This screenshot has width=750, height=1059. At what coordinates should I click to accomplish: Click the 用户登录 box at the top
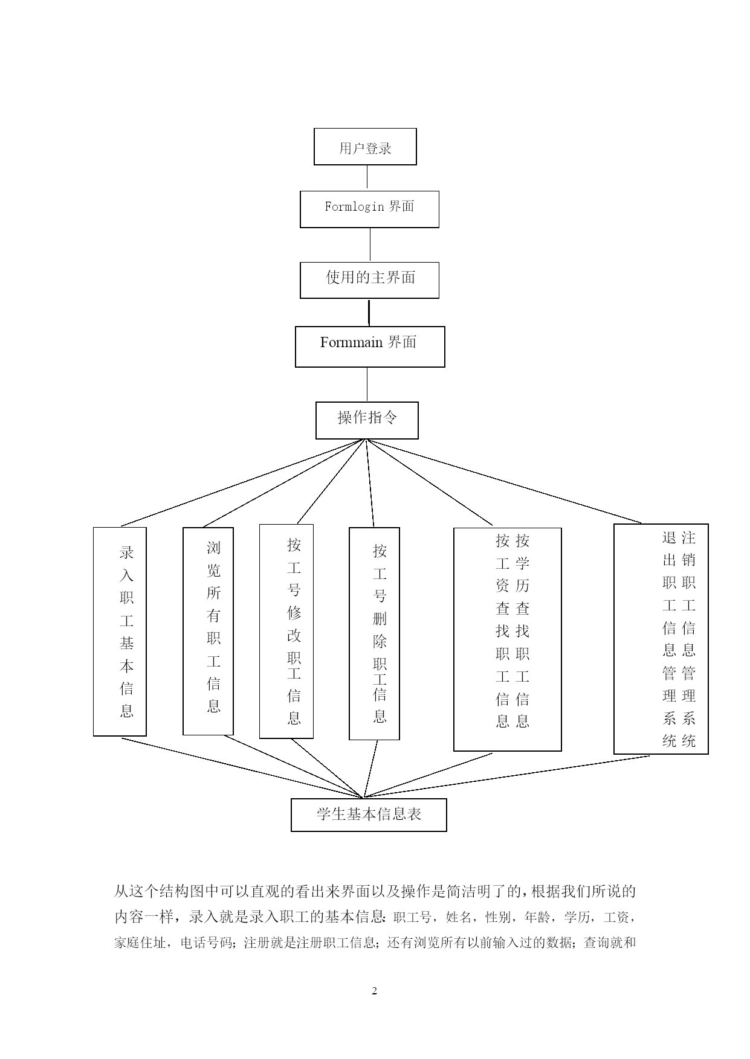point(365,147)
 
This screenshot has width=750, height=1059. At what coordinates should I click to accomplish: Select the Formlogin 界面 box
point(369,210)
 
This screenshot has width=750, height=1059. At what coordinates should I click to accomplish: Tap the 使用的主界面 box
point(369,280)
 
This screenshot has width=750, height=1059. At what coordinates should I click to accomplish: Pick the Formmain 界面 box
point(370,347)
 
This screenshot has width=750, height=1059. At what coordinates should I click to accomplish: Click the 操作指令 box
point(367,420)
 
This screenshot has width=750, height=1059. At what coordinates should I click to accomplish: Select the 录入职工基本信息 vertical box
point(120,632)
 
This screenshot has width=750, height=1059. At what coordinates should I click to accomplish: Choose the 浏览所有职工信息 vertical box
point(208,632)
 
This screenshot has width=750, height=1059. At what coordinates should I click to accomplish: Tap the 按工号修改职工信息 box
point(286,631)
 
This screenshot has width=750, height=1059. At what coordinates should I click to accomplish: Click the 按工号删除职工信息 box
point(374,633)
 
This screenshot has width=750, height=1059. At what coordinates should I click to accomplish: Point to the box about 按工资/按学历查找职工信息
point(508,639)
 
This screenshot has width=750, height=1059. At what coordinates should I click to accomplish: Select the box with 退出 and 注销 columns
point(661,639)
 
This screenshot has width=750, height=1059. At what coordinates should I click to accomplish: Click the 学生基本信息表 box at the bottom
point(369,815)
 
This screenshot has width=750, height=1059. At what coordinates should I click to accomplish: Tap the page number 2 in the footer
point(375,991)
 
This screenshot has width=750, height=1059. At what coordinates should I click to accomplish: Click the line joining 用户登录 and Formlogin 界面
point(367,178)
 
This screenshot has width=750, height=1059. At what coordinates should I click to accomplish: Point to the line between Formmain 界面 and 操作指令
point(367,385)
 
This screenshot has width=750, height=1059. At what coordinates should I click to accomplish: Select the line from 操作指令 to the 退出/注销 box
point(503,481)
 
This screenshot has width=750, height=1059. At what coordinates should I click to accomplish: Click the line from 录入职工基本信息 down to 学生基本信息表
point(242,767)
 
